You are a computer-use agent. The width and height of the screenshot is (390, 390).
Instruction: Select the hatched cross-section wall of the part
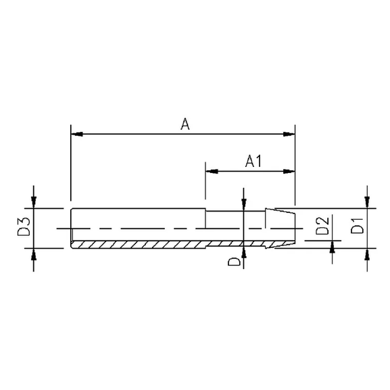click(x=155, y=243)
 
